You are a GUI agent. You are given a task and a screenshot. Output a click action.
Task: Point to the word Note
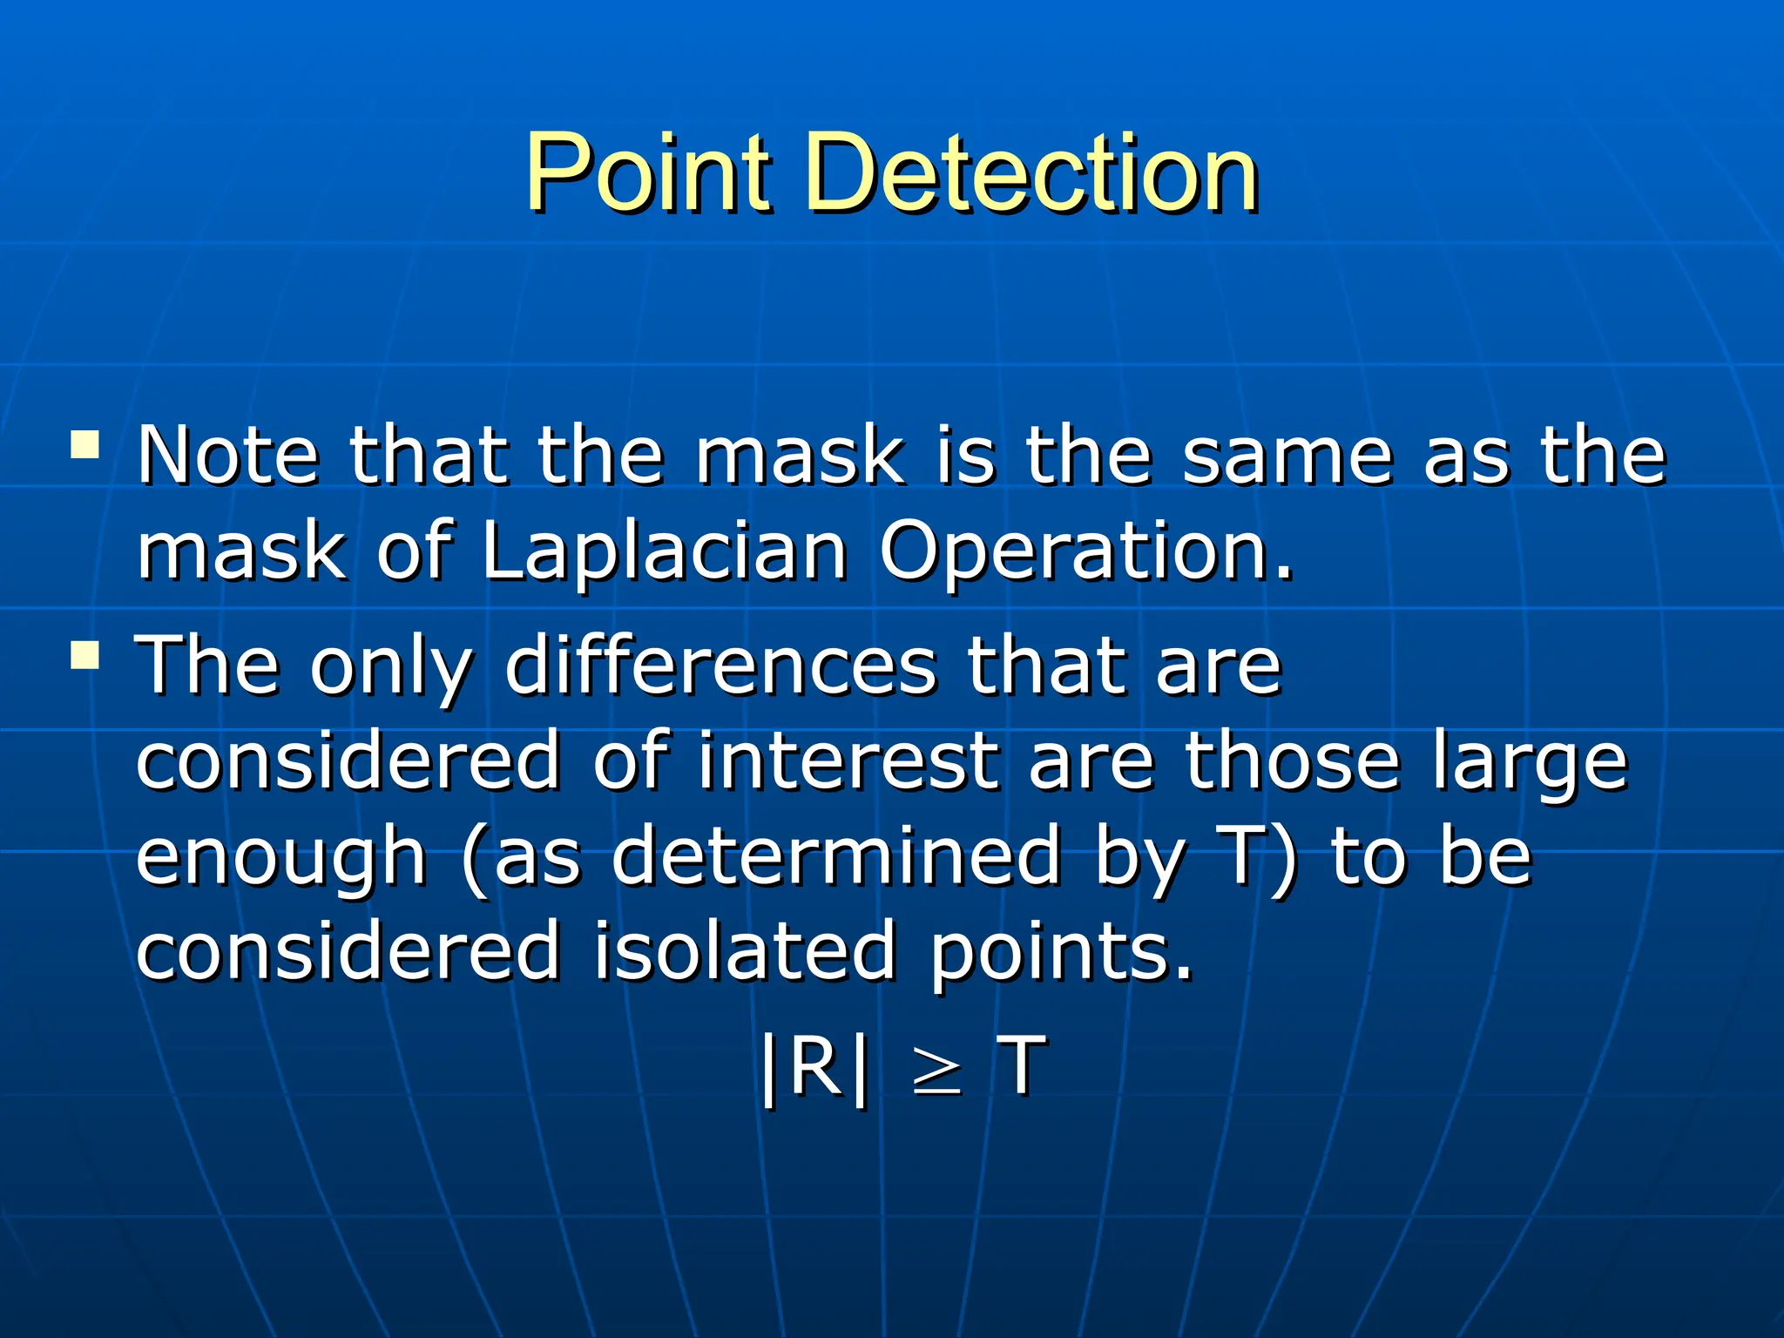pyautogui.click(x=228, y=455)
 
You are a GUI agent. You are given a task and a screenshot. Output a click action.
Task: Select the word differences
pyautogui.click(x=720, y=666)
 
